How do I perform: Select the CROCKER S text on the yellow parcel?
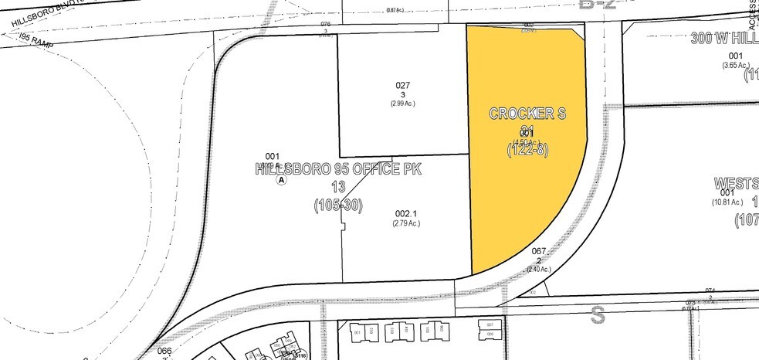coord(528,114)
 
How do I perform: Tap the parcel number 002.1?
coord(406,214)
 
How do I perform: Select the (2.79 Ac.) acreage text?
coord(406,223)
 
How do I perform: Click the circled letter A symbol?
coord(281,179)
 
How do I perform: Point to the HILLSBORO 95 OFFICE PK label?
coord(339,170)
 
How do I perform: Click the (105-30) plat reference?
coord(339,205)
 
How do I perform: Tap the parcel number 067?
coord(539,251)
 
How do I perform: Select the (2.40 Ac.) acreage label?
coord(539,269)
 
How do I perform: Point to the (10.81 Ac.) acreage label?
coord(730,202)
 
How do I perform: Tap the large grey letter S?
coord(597,314)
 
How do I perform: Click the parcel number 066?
coord(164,350)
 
